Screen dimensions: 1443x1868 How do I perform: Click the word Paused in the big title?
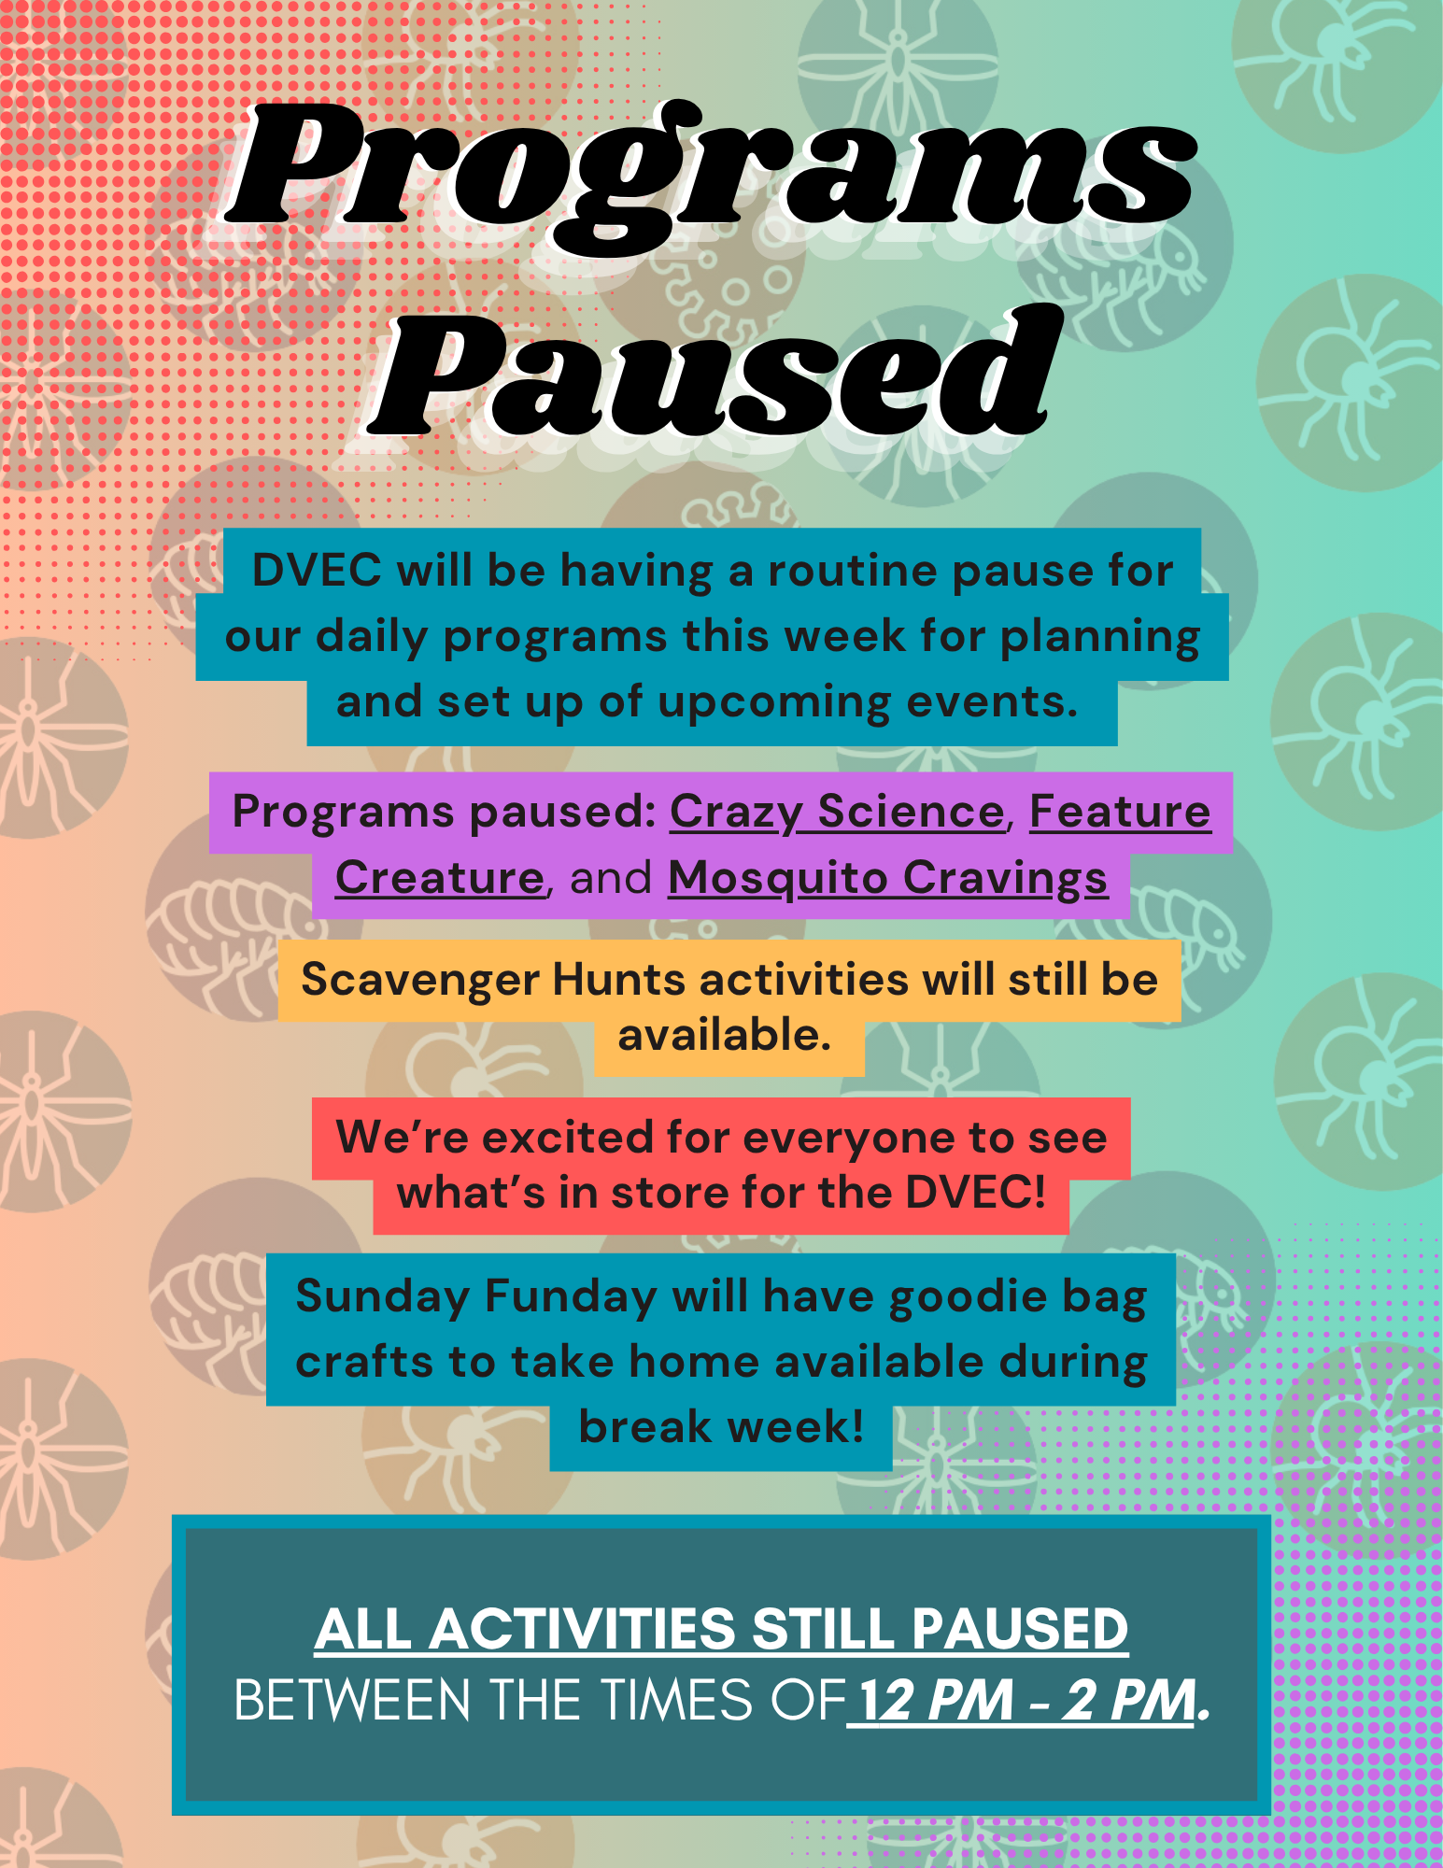tap(714, 374)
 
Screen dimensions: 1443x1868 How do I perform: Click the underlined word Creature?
tap(440, 878)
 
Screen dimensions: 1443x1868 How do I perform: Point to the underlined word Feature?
tap(1120, 811)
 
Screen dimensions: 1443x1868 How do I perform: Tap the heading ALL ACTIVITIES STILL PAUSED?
tap(721, 1630)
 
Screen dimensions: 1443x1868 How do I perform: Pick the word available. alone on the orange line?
tap(724, 1035)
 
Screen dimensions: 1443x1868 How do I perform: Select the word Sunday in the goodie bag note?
tap(383, 1298)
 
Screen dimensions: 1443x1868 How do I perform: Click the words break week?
tap(721, 1427)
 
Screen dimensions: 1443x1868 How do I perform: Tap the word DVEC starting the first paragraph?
tap(317, 571)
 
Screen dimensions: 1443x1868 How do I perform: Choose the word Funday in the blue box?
tap(571, 1298)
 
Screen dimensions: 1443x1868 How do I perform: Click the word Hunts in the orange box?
tap(619, 980)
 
